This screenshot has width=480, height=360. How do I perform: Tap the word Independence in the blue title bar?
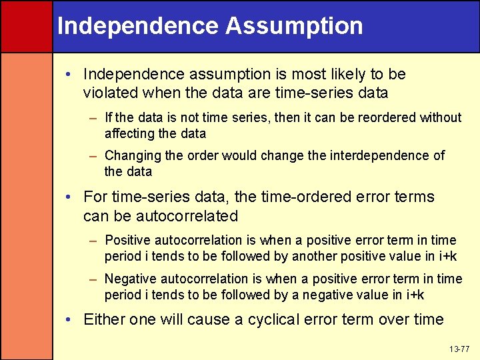(138, 26)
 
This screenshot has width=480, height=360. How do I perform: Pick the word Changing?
(133, 155)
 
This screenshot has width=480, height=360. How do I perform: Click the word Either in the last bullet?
(104, 319)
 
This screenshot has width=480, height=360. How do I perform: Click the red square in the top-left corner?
(26, 26)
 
